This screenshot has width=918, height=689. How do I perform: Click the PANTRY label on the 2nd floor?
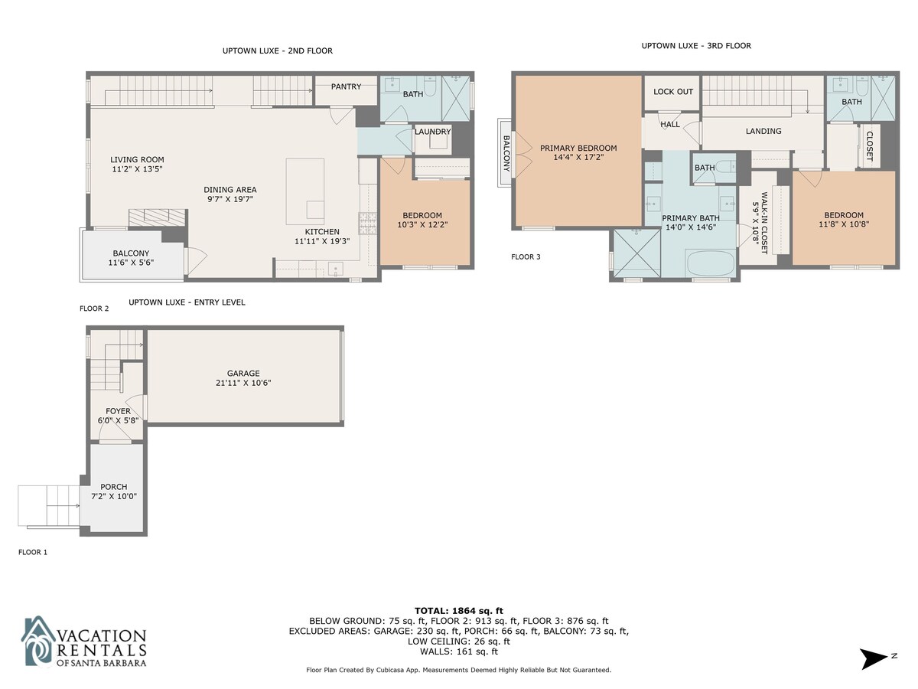[x=346, y=87]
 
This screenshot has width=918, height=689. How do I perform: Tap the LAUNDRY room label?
[x=432, y=132]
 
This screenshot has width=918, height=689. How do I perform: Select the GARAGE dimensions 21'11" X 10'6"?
[x=243, y=383]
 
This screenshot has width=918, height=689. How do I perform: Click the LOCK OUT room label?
[x=673, y=92]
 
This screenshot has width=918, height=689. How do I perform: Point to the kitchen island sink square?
[x=315, y=210]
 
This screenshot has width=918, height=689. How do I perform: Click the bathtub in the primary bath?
[x=710, y=263]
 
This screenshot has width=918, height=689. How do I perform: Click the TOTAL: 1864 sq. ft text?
[x=459, y=611]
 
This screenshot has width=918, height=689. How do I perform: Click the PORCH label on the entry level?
[x=114, y=487]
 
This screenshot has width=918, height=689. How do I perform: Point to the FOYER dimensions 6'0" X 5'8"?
[x=118, y=420]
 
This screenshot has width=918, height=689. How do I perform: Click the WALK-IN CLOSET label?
[x=764, y=223]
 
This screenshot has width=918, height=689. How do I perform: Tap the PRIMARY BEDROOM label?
[x=578, y=148]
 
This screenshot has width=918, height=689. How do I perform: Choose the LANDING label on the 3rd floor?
[x=763, y=132]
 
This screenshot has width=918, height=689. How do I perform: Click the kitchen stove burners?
[x=368, y=224]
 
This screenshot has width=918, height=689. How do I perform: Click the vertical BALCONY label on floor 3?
[x=506, y=154]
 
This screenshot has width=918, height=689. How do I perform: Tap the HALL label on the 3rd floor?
[x=670, y=124]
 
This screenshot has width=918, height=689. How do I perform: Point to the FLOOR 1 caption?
[x=33, y=552]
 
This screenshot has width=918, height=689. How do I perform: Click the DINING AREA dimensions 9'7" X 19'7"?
[x=230, y=199]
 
